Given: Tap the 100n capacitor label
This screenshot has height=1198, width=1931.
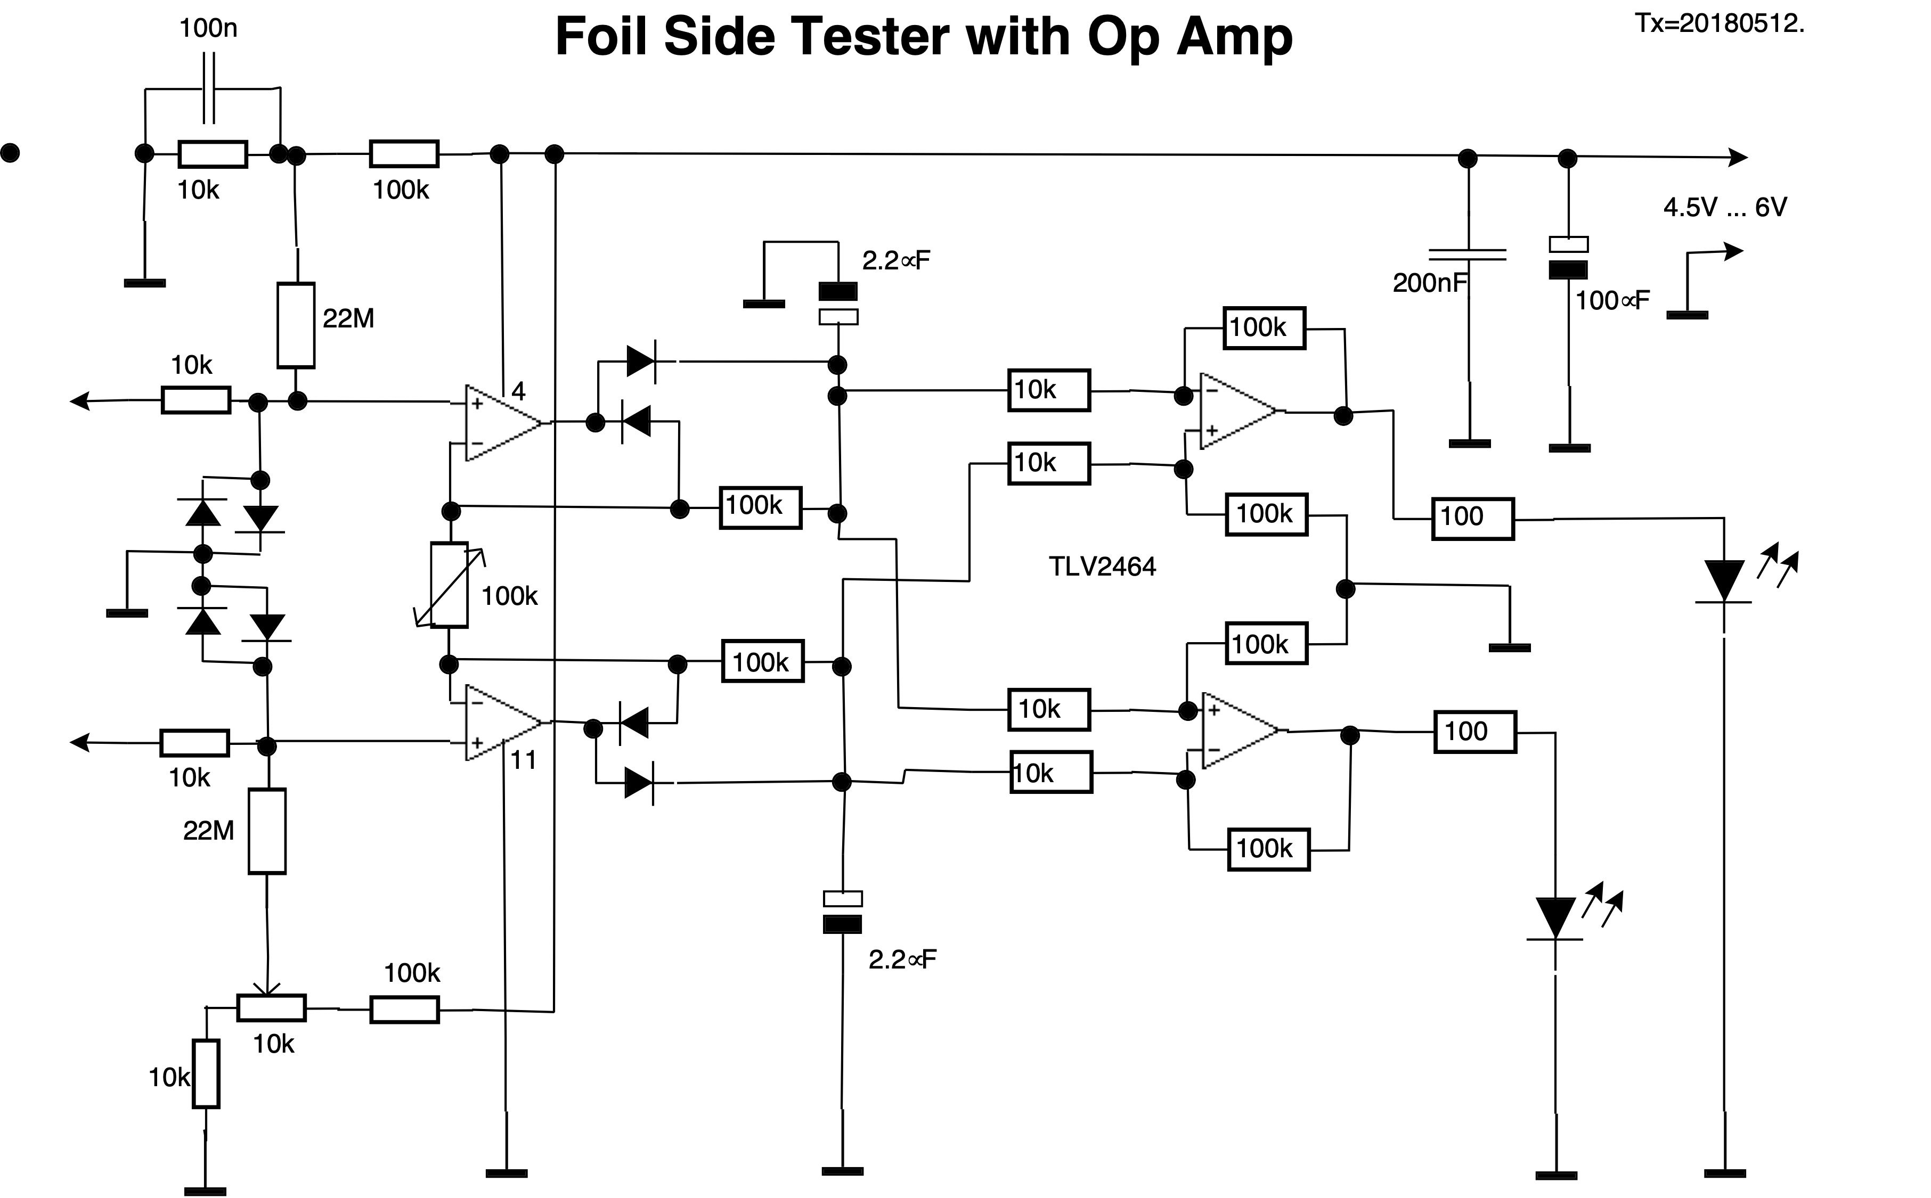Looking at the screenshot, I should tap(208, 29).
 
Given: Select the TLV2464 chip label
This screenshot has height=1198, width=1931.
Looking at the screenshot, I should tap(1102, 567).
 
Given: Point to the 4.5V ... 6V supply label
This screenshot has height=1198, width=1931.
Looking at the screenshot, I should tap(1725, 208).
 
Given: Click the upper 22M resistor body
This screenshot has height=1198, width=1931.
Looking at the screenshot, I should tap(296, 325).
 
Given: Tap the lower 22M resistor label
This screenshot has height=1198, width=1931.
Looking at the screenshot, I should tap(208, 831).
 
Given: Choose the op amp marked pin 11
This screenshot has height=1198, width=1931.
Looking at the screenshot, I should tap(501, 723).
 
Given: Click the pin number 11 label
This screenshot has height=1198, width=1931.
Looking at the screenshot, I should tap(523, 761).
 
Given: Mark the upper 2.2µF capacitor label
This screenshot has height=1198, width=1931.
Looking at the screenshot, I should tap(896, 261).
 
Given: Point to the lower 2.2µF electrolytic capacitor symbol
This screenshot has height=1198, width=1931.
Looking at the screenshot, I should tap(843, 911).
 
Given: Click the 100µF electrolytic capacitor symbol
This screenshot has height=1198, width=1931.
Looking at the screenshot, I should tap(1568, 258).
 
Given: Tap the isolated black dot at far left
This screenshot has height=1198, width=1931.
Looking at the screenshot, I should tap(10, 152).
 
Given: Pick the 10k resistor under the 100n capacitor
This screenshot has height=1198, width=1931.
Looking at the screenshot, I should tap(213, 154).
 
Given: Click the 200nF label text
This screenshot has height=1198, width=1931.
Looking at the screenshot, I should tap(1429, 283).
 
